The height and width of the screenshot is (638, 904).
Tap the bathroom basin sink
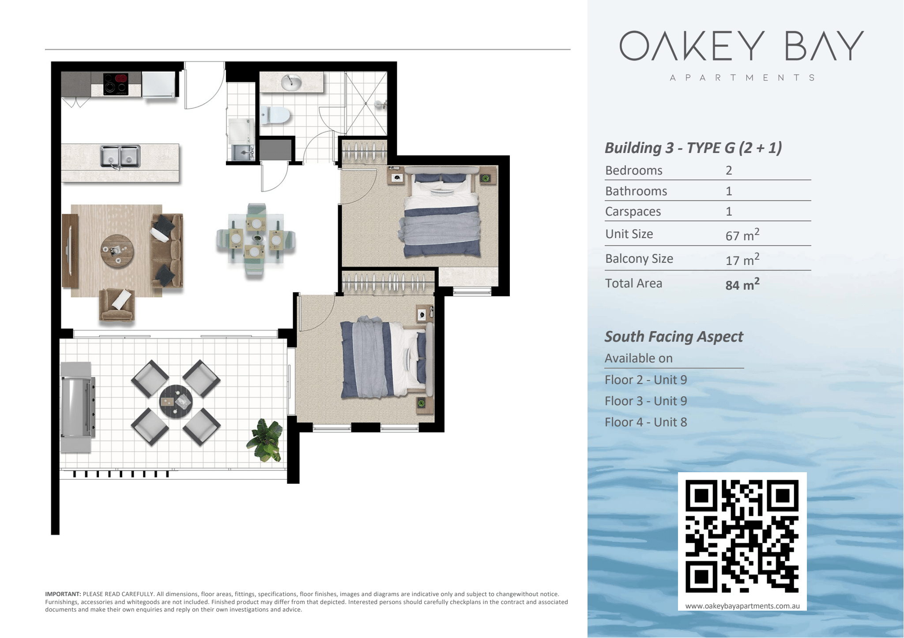[x=291, y=82]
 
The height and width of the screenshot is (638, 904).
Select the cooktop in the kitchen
[x=116, y=84]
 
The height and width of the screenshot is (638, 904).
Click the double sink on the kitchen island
[x=120, y=156]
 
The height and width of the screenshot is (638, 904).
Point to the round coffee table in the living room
[x=117, y=251]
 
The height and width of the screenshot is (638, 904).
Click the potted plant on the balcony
[x=265, y=440]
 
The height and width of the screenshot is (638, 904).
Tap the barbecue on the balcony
[x=77, y=407]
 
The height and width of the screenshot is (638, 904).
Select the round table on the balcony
[x=176, y=402]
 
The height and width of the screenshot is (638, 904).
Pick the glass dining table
[x=256, y=240]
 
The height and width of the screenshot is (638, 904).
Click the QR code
[x=742, y=536]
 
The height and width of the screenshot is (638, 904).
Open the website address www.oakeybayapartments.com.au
[x=742, y=606]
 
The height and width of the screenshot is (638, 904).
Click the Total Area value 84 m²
[x=742, y=284]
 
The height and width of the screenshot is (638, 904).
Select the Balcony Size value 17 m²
[x=742, y=259]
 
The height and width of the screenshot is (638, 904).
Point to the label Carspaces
[x=633, y=212]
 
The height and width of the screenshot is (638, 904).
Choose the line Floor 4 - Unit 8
[x=646, y=422]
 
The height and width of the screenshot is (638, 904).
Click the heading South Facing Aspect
[x=674, y=336]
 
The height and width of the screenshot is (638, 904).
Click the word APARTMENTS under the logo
[x=742, y=78]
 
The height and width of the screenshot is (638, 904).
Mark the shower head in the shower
[x=379, y=104]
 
